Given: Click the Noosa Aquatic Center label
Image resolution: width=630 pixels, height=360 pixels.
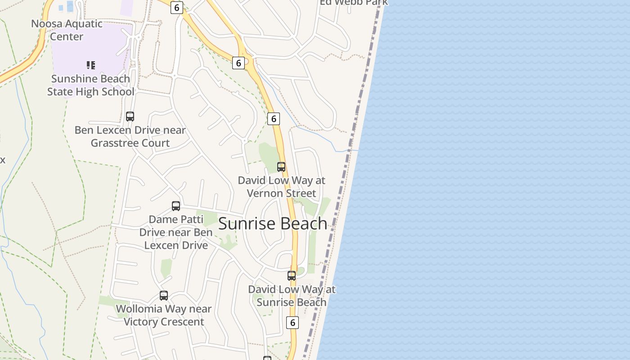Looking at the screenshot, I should [67, 30].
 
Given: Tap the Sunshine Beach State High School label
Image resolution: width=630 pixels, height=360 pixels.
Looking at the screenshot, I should [90, 85].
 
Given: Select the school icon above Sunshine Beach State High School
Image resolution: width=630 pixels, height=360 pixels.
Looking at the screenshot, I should [91, 65].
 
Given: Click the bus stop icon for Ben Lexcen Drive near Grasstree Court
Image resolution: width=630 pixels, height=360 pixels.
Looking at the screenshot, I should [130, 117].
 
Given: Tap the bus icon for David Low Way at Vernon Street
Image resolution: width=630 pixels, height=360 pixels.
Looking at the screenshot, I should [281, 167].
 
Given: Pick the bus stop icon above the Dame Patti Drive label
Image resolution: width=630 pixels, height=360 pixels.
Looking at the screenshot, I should [176, 206].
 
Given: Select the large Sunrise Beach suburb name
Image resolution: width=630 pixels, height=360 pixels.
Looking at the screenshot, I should [273, 224].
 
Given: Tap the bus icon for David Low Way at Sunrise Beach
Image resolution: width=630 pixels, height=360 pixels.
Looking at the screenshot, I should [292, 276].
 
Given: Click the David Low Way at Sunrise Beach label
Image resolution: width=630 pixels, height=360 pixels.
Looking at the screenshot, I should [292, 296].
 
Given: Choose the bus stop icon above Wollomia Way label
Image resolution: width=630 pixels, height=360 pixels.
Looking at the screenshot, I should [164, 296].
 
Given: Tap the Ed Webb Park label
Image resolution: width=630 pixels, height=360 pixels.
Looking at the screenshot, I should [354, 2].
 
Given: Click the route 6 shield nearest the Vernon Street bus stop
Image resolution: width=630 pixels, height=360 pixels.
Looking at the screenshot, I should [273, 118].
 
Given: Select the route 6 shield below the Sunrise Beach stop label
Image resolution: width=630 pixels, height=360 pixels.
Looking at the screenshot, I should [292, 322].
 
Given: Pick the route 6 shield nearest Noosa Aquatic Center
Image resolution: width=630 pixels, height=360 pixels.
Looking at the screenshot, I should [176, 7].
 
